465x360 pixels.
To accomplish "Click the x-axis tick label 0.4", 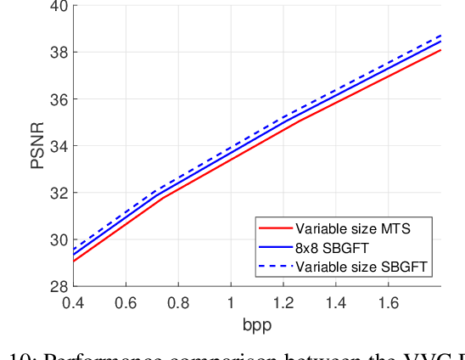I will point(73,303).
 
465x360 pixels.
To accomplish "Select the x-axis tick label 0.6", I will point(126,303).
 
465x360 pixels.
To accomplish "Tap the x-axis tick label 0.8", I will point(178,303).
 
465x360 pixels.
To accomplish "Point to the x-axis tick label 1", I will point(231,303).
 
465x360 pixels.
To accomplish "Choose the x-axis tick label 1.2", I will point(283,303).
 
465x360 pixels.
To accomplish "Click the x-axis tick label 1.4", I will point(336,303).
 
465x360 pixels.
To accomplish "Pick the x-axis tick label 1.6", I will point(389,303).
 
